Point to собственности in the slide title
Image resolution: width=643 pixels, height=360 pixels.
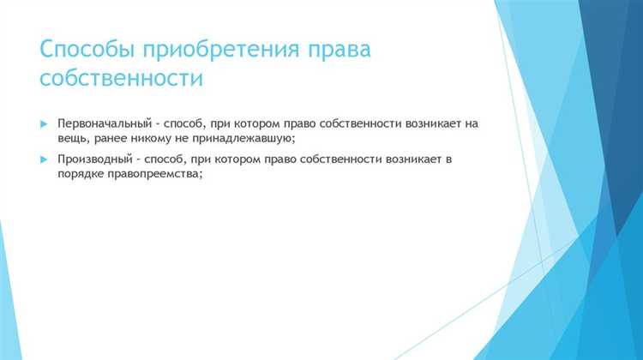point(121,80)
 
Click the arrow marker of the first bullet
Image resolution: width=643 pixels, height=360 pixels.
point(45,124)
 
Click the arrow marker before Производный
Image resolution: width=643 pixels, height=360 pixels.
point(45,159)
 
